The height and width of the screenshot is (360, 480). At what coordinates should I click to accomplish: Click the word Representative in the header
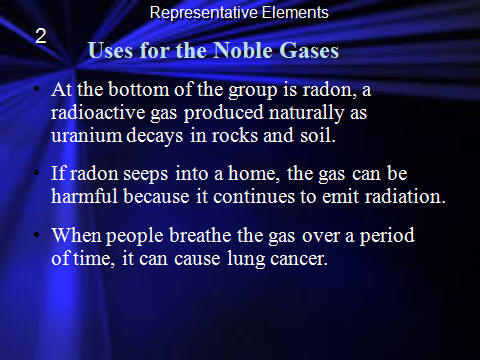pos(203,13)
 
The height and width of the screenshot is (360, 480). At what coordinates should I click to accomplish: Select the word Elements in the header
pos(295,13)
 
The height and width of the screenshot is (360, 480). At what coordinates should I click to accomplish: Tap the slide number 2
pos(41,36)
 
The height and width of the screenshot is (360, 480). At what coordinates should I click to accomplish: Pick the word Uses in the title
pos(110,51)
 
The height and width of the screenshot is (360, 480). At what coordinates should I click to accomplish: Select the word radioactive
pos(98,112)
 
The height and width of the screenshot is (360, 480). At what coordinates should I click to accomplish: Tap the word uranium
pos(86,136)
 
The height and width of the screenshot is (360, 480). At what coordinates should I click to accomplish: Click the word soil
pos(318,135)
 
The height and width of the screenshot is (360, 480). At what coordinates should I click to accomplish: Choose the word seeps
pos(145,175)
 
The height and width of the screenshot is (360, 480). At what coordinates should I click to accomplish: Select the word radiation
pos(405,196)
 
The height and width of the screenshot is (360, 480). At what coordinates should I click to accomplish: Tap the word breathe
pos(200,235)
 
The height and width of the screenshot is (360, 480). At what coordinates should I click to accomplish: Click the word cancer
pos(299,259)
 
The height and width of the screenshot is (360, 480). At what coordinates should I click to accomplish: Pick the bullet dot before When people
pos(37,235)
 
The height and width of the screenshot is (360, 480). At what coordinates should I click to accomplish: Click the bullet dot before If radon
pos(37,173)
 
